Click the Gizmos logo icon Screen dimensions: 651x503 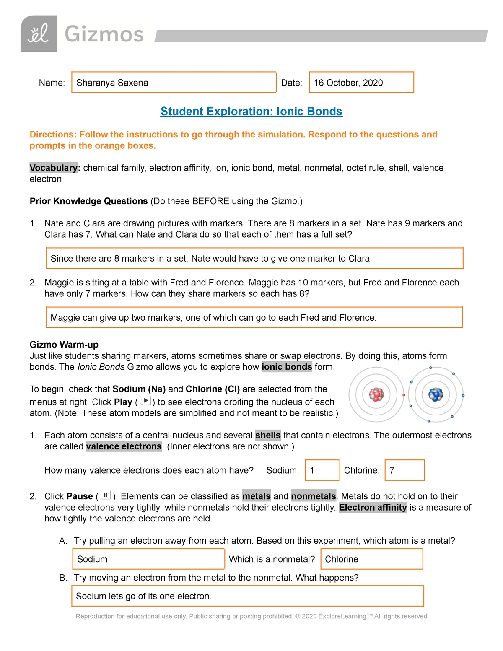coord(39,34)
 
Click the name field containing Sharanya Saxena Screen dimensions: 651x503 coord(174,83)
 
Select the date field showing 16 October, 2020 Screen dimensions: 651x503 coord(361,83)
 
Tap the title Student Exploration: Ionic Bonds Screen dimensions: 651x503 coord(251,112)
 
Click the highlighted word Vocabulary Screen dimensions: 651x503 coord(53,168)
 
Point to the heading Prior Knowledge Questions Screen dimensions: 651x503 coord(88,201)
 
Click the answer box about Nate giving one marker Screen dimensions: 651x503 coord(254,258)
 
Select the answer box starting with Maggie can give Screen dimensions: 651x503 coord(254,317)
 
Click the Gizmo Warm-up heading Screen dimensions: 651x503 coord(64,345)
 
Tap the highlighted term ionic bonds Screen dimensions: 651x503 coord(287,367)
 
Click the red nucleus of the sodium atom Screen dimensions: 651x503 coord(376,394)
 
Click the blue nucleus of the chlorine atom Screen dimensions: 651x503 coord(436,394)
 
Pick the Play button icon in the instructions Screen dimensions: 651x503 coord(145,401)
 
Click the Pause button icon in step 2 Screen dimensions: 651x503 coord(106,495)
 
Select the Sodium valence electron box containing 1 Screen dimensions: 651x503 coord(322,470)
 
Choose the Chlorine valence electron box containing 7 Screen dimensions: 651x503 coord(404,470)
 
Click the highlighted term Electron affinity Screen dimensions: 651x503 coord(373,507)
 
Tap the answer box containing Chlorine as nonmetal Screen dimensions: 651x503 coord(371,559)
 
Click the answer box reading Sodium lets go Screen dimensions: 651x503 coord(247,596)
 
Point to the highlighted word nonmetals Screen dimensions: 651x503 coord(314,496)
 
